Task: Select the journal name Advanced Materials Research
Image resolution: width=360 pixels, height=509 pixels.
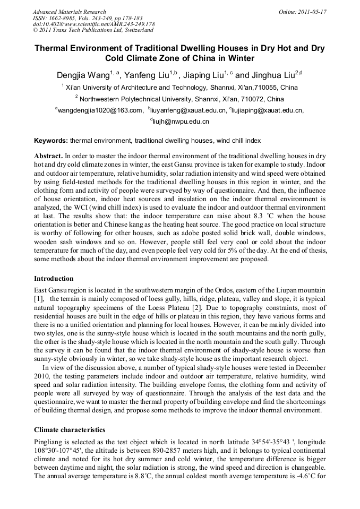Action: pos(69,12)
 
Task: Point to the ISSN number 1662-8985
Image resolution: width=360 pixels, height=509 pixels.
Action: pos(64,18)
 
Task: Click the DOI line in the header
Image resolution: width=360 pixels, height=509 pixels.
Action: pos(93,24)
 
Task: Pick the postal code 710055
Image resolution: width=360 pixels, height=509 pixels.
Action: pos(263,88)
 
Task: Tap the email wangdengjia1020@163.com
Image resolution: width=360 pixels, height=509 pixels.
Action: pos(100,110)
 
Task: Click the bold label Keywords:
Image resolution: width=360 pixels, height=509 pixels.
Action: pos(51,141)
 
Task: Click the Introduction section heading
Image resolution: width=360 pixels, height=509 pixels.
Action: pos(54,279)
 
